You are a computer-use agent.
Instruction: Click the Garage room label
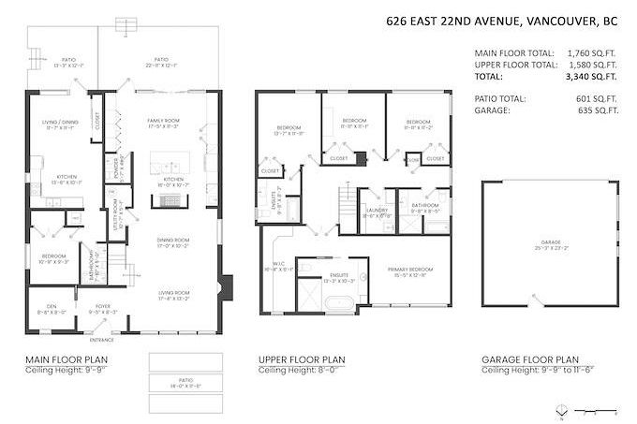tap(550, 242)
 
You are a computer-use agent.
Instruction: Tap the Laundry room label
tap(374, 212)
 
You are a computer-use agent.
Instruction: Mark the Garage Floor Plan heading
tap(529, 359)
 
